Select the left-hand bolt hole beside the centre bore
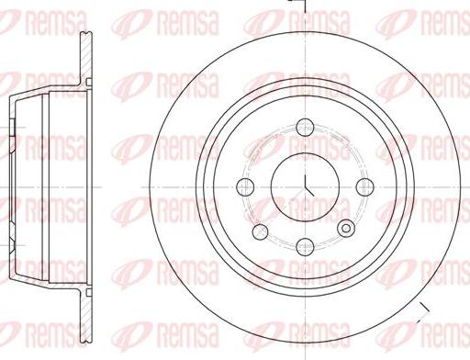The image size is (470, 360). point(245,186)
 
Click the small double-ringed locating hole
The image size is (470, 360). point(346,228)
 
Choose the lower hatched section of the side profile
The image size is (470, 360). point(85,312)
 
